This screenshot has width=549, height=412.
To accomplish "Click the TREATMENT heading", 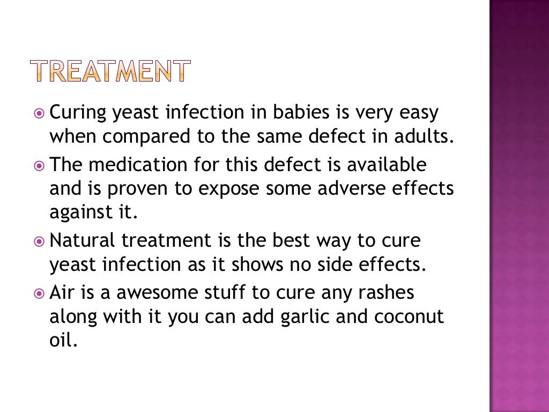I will click(x=109, y=71).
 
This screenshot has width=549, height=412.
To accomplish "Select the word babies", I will click(x=296, y=113).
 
